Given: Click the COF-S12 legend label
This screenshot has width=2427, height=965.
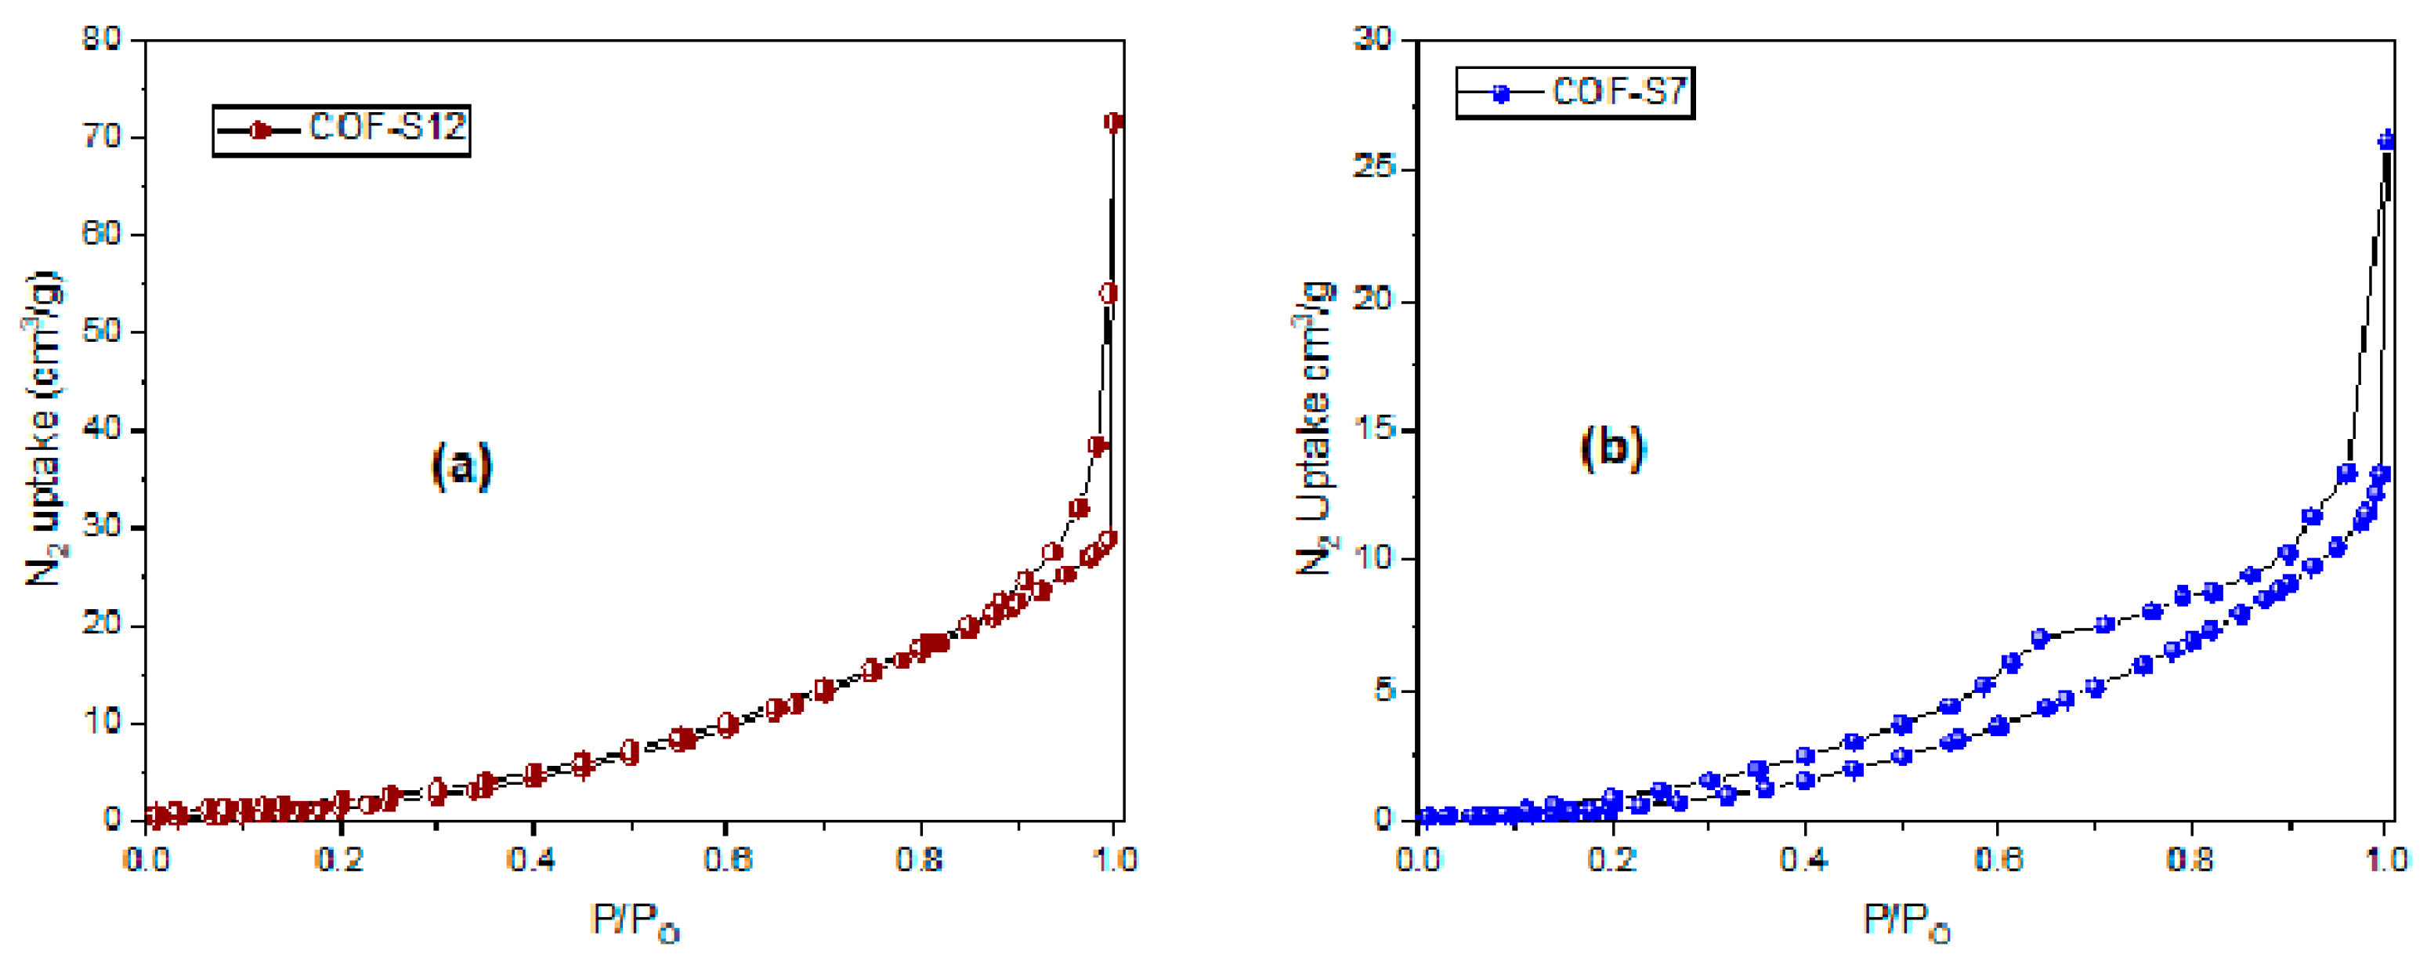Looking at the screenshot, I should click(387, 127).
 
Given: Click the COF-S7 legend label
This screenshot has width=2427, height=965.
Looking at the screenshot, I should click(1619, 92).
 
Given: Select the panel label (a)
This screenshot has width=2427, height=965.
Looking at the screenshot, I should click(461, 466).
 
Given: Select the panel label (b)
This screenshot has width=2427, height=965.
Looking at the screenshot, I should click(1612, 447).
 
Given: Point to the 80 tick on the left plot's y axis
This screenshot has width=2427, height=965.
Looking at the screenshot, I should click(101, 38).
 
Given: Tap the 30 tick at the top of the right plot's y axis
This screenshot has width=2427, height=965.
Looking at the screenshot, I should click(1373, 38).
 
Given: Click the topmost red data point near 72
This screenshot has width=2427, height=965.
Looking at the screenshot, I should click(1114, 122).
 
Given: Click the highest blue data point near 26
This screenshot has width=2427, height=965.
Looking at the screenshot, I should click(2385, 140).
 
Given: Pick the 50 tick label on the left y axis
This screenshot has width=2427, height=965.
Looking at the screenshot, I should click(101, 331).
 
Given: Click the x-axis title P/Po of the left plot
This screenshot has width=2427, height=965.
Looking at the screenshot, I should click(634, 920).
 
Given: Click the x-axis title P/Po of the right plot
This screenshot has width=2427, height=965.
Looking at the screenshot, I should click(1905, 920).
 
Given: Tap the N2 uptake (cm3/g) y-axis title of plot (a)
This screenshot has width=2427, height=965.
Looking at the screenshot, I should click(43, 429).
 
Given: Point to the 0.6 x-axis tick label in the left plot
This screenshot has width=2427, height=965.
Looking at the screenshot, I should click(727, 859).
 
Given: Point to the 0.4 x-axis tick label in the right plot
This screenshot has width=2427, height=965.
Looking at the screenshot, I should click(1803, 859).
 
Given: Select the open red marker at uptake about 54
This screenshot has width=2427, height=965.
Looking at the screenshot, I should click(1109, 294).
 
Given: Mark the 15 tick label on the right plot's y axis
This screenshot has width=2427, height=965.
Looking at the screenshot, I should click(1373, 429).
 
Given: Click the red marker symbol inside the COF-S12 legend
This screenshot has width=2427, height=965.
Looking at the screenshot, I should click(261, 130).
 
